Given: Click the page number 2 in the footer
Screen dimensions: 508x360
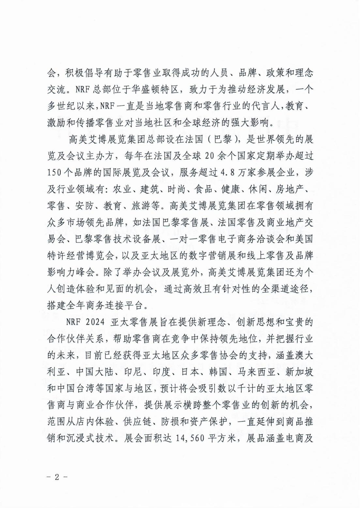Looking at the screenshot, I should coord(57,477).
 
